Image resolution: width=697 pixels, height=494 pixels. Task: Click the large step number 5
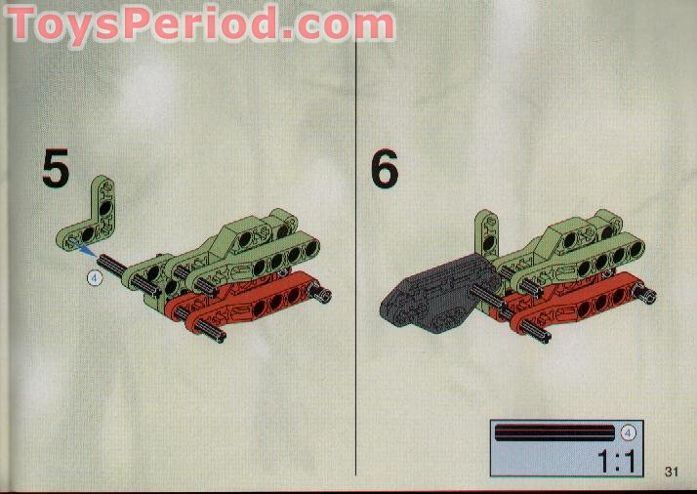(56, 169)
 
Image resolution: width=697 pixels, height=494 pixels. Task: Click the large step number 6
(386, 169)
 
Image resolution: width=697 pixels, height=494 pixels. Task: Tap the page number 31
(671, 472)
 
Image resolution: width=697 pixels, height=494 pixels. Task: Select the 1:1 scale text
(604, 459)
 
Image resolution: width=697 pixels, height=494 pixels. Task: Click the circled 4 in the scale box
(628, 432)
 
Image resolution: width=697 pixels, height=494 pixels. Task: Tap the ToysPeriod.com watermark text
(200, 23)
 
